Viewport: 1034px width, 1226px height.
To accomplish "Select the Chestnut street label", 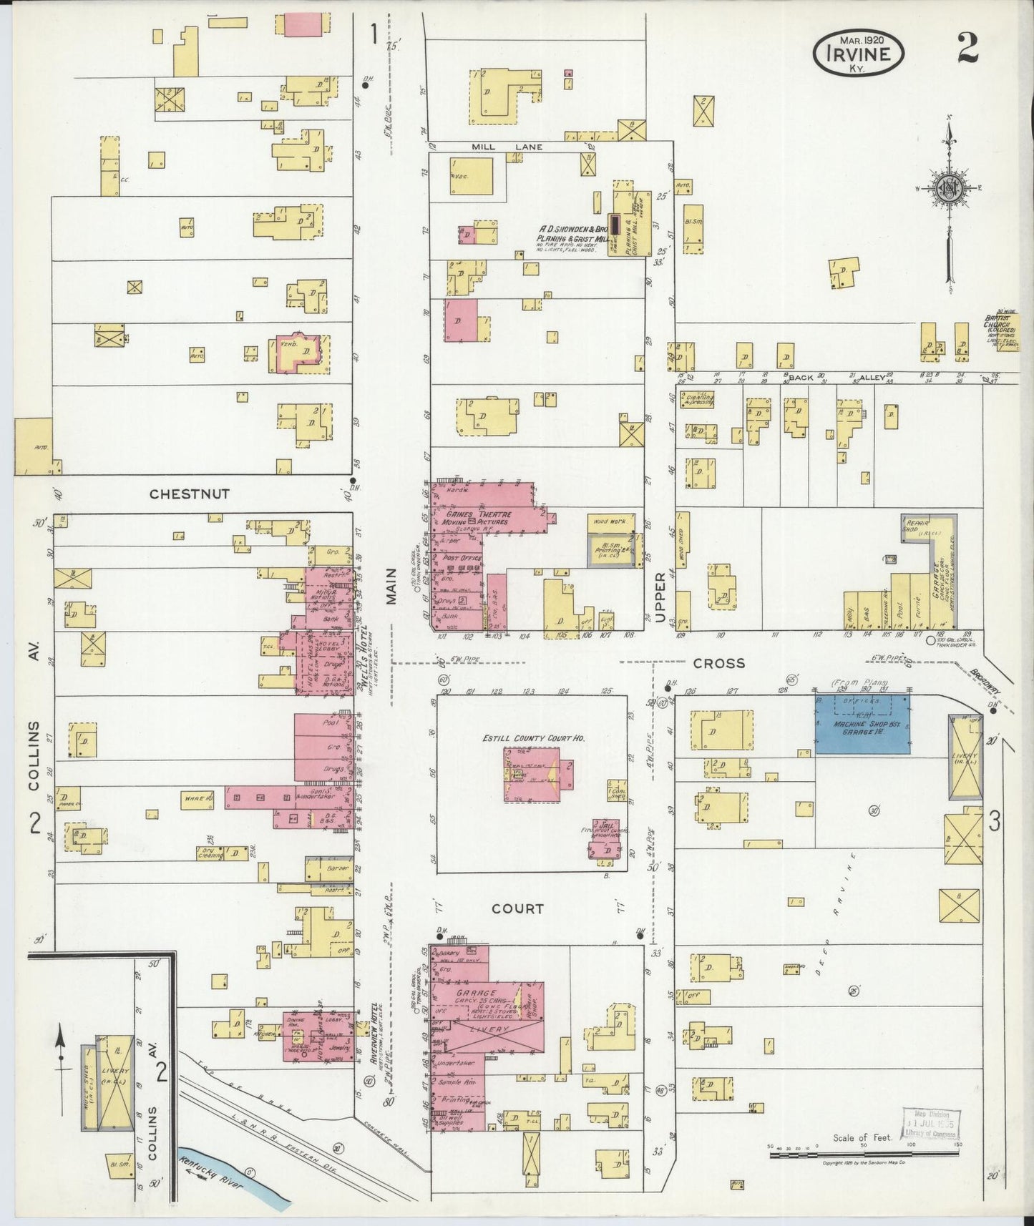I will tap(190, 494).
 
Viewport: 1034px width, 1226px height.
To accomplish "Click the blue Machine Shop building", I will tap(863, 724).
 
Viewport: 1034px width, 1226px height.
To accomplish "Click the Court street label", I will tap(517, 908).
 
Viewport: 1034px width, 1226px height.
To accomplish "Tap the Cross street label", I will tap(718, 663).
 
